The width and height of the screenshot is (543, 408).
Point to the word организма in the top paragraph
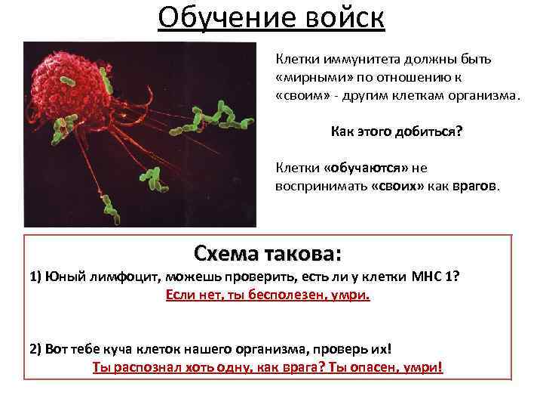[x=483, y=97]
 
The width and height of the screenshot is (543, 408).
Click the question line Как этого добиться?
[x=397, y=131]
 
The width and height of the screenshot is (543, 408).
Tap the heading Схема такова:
[x=268, y=251]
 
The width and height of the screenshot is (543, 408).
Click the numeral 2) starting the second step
[x=35, y=350]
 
